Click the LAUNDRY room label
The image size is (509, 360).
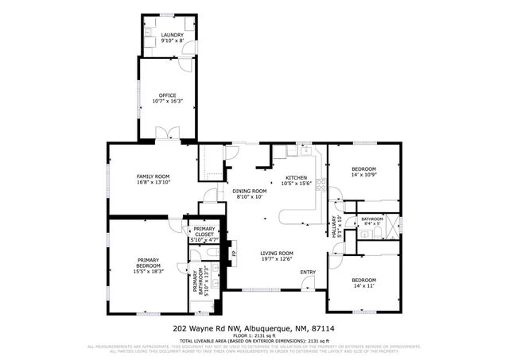tap(173, 36)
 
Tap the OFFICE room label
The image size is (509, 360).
tap(167, 95)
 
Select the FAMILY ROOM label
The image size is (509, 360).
tap(153, 176)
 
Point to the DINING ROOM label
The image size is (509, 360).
tap(249, 191)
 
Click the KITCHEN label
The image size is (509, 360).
tap(297, 177)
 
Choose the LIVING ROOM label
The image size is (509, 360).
tap(277, 254)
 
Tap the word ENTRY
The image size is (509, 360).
tap(308, 273)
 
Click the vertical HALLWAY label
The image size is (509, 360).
tap(336, 227)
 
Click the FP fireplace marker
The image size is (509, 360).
tap(234, 254)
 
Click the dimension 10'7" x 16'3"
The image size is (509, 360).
tap(167, 101)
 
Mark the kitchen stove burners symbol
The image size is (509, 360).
tap(321, 188)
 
